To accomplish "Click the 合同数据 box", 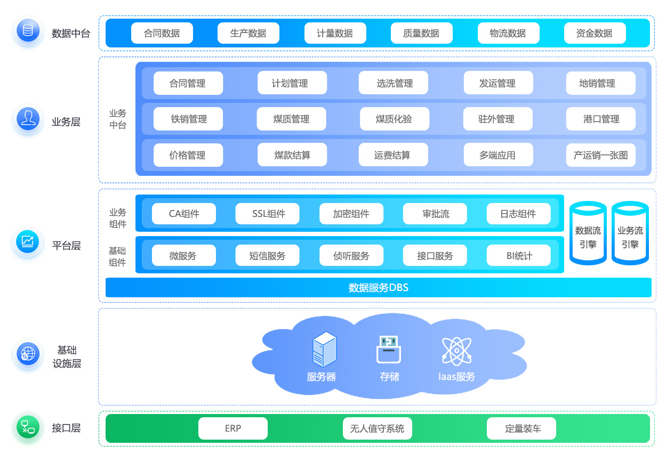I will tap(162, 33).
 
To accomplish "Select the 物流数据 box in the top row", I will tap(508, 33).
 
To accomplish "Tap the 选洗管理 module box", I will tap(394, 83).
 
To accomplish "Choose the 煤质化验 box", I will tap(394, 119).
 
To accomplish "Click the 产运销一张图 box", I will tap(600, 155).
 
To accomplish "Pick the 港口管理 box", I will tap(600, 119).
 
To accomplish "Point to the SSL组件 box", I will tap(268, 214).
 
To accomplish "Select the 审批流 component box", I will tap(435, 214).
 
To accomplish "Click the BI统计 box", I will tap(519, 255).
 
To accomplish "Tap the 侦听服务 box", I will tap(351, 255).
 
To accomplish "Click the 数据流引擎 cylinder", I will tap(588, 234).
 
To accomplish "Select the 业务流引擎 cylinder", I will tap(630, 234).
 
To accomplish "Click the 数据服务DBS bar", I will tap(378, 288).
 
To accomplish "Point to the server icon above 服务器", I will tap(324, 349).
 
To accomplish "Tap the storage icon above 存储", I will tap(389, 349).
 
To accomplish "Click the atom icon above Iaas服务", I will tap(456, 351).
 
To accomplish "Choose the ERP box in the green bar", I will tap(233, 428).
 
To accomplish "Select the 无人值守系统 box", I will tap(377, 428).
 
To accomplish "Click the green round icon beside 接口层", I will tap(28, 427).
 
